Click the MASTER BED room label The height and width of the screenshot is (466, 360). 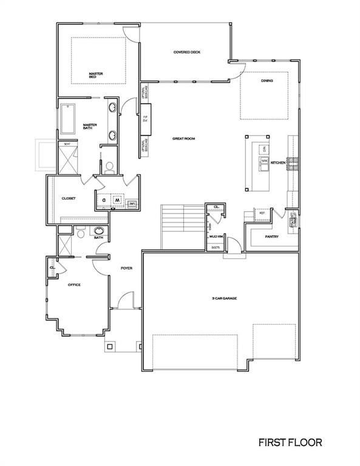[96, 76]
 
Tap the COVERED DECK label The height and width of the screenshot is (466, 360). [186, 52]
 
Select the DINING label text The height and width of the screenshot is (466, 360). [267, 81]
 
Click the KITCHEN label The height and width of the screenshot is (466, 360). [278, 163]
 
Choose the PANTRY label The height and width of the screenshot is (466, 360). [271, 237]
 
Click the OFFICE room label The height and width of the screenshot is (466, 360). [74, 285]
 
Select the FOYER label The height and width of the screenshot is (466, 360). [126, 268]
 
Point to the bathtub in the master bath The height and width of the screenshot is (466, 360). [67, 120]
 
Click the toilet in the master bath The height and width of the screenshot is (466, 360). [110, 167]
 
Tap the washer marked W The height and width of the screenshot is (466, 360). [117, 199]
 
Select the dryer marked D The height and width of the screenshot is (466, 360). [104, 199]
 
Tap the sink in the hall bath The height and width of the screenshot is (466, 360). [98, 231]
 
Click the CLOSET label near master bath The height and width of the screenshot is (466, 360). [68, 198]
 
